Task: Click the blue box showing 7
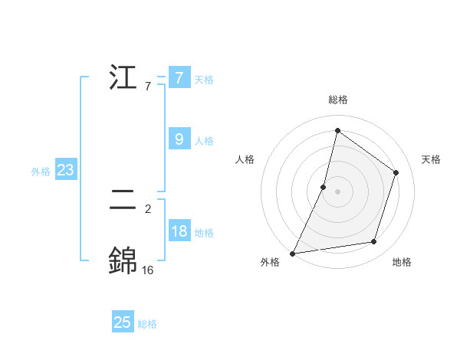[x=179, y=78]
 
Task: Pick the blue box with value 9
[x=179, y=139]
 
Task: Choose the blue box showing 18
[x=179, y=231]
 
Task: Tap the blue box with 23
[x=65, y=170]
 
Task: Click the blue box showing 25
[x=123, y=322]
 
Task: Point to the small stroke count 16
[x=148, y=270]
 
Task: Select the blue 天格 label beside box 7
[x=204, y=80]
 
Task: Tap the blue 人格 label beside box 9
[x=204, y=141]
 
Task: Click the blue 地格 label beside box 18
[x=204, y=233]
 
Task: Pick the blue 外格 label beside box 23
[x=41, y=172]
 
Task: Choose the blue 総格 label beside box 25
[x=147, y=324]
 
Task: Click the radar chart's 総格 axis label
[x=338, y=100]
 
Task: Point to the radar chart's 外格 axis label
[x=270, y=262]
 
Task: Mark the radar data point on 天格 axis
[x=396, y=172]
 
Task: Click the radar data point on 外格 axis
[x=293, y=254]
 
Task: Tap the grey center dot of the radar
[x=338, y=191]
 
